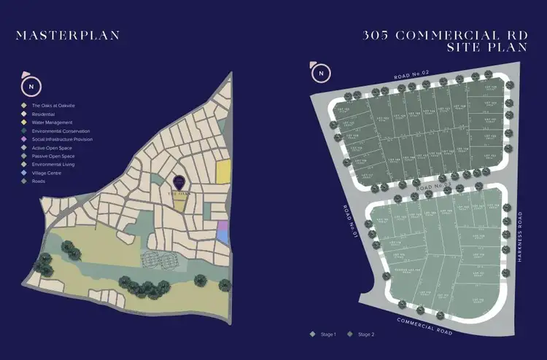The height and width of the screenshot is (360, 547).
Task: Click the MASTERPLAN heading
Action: coord(67,34)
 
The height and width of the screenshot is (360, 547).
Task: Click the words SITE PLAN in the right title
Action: coord(484,47)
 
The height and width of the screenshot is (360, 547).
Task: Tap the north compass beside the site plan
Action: coord(319,73)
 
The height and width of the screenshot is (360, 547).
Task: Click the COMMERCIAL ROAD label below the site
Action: coord(425,325)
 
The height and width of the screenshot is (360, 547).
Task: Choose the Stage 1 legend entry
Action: coord(325,334)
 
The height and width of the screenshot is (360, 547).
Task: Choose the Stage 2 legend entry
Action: coord(363,334)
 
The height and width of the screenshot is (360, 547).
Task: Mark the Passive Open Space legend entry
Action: coord(46,156)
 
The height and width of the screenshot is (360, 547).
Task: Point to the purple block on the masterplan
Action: coord(223,235)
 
